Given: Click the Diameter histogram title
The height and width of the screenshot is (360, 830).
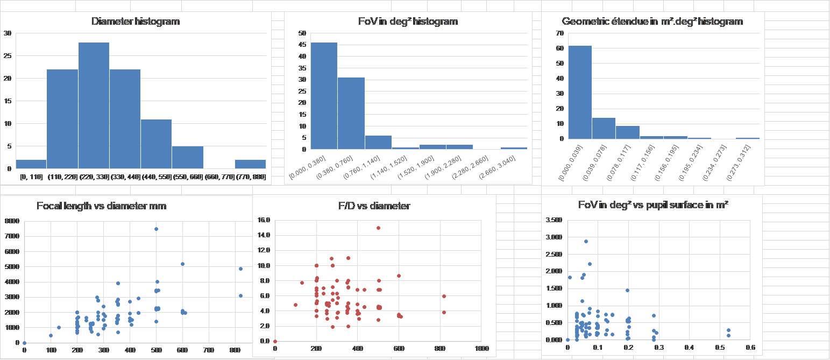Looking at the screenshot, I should pos(136,22).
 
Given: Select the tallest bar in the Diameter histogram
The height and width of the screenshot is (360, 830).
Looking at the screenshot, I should pos(94,105).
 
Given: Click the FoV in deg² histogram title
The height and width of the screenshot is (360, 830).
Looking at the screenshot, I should pos(408,22).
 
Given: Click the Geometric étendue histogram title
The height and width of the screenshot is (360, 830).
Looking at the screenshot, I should pos(652,22).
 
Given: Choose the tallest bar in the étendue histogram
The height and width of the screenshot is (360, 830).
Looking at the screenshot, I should pos(580,92).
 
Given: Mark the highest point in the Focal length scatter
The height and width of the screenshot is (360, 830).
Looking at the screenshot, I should pos(156,229).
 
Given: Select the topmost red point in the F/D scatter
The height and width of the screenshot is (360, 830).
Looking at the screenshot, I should pos(378,228).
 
